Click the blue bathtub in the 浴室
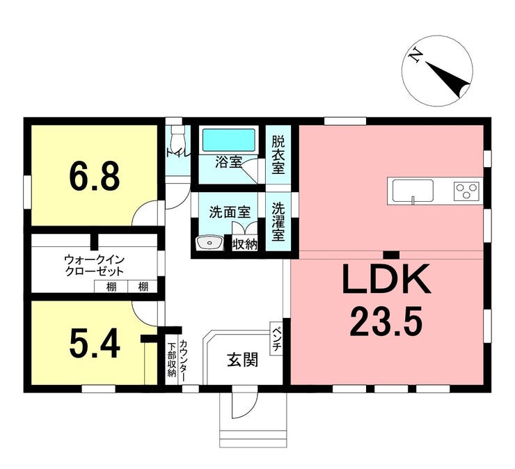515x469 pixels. point(228,140)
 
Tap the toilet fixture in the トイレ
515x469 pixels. point(178,136)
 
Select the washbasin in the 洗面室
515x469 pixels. point(209,244)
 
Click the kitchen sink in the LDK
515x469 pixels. point(413,191)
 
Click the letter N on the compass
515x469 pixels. point(416,54)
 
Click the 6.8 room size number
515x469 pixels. point(94,177)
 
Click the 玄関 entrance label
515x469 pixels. point(243,360)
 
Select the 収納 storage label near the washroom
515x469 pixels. point(244,244)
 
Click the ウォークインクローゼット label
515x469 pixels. point(94,266)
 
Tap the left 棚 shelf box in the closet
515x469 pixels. point(111,287)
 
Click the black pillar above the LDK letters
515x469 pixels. point(392,255)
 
